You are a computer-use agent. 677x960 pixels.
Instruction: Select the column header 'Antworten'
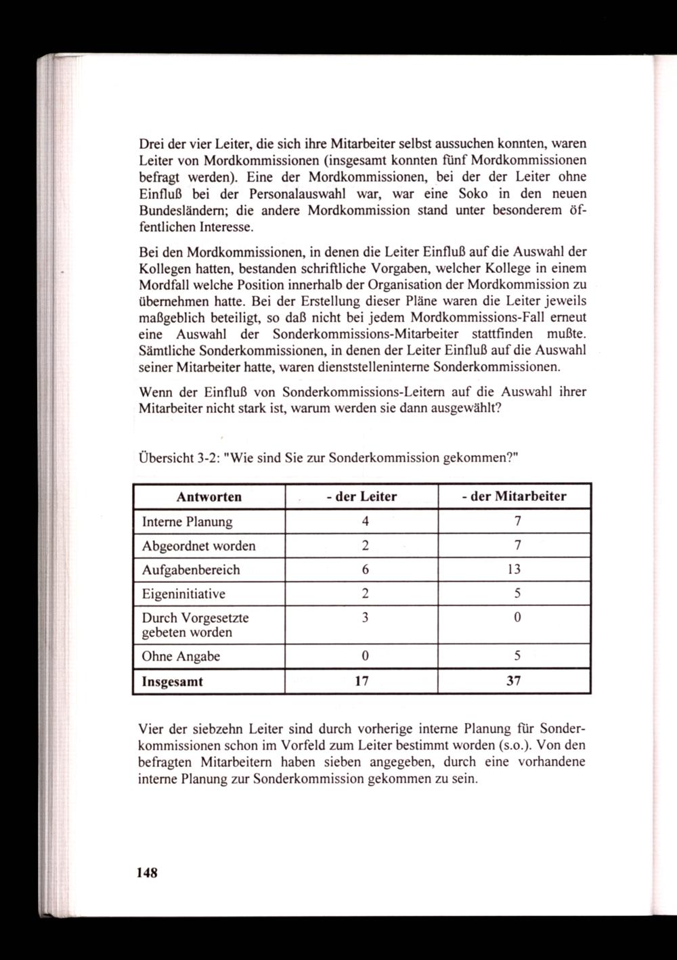tap(209, 497)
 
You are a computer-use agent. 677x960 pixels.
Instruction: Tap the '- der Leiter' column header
tap(362, 497)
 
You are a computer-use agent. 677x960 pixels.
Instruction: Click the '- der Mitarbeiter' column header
tap(514, 497)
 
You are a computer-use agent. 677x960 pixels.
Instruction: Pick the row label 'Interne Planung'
tap(187, 522)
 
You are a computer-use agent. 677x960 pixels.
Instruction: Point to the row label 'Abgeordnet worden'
tap(198, 546)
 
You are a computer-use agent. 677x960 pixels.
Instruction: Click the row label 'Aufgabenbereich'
tap(190, 570)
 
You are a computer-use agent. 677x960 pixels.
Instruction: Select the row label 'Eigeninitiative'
tap(183, 594)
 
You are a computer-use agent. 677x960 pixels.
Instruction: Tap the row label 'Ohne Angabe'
tap(181, 657)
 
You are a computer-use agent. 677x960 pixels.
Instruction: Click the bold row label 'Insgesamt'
tap(172, 682)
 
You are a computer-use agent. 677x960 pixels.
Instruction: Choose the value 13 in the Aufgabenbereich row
tap(514, 570)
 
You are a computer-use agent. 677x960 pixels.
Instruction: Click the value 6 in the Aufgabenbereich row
tap(365, 570)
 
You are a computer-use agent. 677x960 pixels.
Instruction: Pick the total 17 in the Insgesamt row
tap(362, 682)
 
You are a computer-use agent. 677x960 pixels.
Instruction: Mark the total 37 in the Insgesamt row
tap(514, 682)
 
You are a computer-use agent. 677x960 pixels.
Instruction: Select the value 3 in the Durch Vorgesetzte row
tap(365, 618)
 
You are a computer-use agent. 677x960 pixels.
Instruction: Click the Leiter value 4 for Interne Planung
tap(365, 522)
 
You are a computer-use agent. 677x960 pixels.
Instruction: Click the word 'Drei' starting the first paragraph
tap(152, 144)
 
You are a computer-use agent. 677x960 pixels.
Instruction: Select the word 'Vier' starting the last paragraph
tap(152, 730)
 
